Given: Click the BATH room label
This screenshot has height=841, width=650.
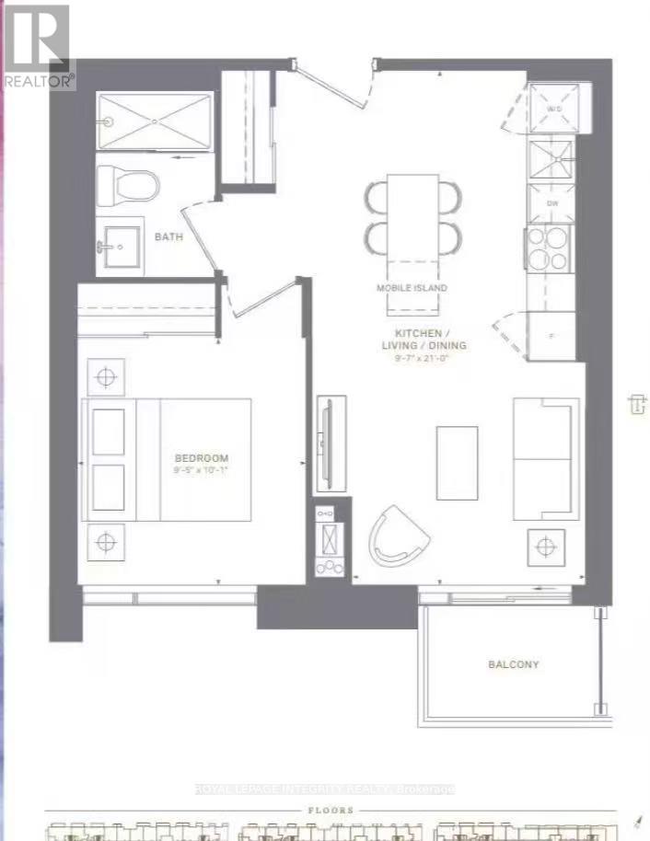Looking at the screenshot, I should (x=168, y=236).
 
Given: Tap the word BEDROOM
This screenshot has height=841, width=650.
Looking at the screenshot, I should (x=202, y=458).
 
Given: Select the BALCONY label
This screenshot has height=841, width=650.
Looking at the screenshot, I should (x=513, y=664).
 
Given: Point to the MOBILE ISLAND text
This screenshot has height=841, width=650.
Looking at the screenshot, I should (x=412, y=288).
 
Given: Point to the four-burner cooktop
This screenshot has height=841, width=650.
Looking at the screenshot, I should (x=550, y=247).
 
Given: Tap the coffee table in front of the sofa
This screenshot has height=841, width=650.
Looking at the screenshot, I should (x=457, y=463).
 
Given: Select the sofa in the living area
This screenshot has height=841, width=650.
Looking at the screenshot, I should (x=545, y=458).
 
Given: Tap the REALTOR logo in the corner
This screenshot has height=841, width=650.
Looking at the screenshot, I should (x=37, y=46).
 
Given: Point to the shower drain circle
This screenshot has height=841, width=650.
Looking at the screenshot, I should (x=108, y=121).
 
